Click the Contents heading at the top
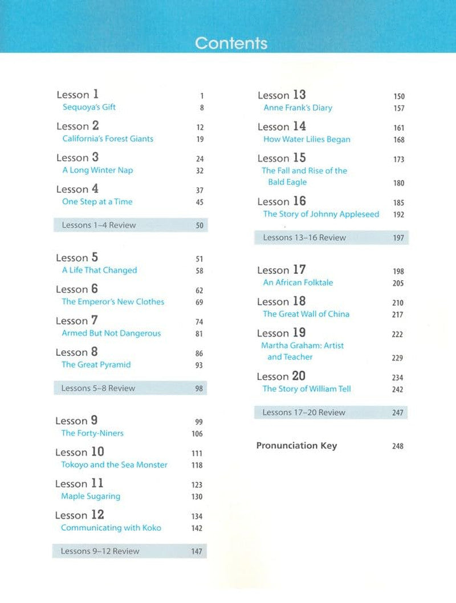tap(231, 43)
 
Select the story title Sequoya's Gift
tap(89, 107)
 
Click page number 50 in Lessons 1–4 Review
tap(199, 225)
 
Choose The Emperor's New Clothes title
tap(113, 302)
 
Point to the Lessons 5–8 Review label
tap(98, 388)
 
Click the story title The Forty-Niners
tap(92, 433)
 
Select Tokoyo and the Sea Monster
tap(114, 465)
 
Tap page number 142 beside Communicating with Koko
tap(197, 528)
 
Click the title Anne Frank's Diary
tap(298, 108)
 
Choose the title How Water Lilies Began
tap(307, 140)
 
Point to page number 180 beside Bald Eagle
tap(398, 183)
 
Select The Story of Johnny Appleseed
tap(321, 214)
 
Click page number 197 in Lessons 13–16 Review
tap(398, 238)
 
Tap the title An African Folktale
tap(298, 282)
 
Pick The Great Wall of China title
tap(306, 314)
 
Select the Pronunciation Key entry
tap(296, 446)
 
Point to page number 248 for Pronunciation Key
tap(398, 446)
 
